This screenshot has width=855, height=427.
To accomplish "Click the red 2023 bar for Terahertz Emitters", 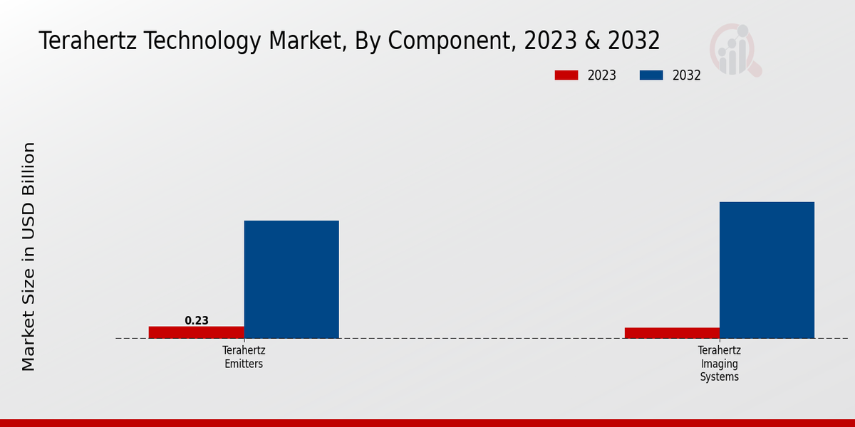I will tap(196, 332).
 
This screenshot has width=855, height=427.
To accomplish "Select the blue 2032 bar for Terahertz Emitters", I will tap(291, 279).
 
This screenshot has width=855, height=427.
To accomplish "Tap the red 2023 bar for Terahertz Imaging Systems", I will tap(672, 333).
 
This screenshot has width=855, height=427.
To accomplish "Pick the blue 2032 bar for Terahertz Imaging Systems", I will tap(767, 270).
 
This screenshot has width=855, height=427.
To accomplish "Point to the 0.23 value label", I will tap(197, 321).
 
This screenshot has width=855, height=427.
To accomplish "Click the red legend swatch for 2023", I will tap(566, 75).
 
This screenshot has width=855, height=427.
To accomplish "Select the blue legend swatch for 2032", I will tap(651, 75).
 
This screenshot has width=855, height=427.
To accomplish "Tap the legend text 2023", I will tap(602, 75).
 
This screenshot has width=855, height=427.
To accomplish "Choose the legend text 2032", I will tap(687, 75).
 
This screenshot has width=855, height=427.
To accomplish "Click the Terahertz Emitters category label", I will tap(244, 357).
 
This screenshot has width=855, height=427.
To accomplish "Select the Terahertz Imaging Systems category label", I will tap(719, 364).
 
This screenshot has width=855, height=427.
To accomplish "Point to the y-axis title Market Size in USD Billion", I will tap(28, 256).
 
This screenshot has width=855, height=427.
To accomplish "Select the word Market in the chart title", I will tap(304, 41).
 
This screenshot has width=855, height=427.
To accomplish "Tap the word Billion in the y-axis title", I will tap(28, 169).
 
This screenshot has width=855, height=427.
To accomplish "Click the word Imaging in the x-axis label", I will tap(719, 364).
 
